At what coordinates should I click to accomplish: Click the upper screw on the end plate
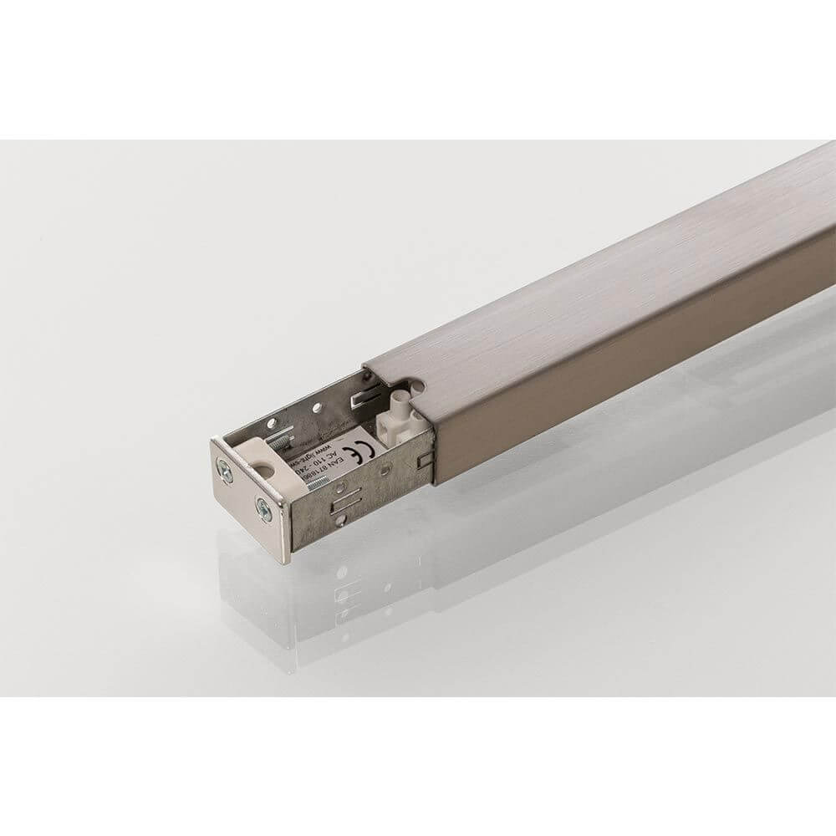coord(225,472)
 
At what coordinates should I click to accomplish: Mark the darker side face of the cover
coord(627,359)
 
